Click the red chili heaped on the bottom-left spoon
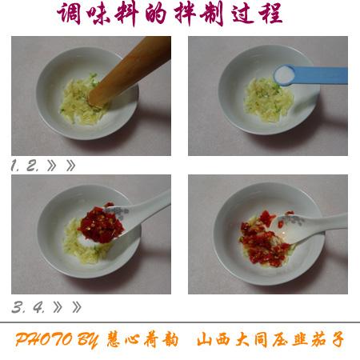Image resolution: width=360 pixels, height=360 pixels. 102,221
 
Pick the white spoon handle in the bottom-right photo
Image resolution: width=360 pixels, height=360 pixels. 324,222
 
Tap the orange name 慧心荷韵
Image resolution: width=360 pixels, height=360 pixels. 141,339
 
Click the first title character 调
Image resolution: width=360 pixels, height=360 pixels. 70,14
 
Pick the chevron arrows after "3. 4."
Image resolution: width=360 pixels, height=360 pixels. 66,307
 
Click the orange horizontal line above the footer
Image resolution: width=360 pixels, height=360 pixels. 180,322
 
